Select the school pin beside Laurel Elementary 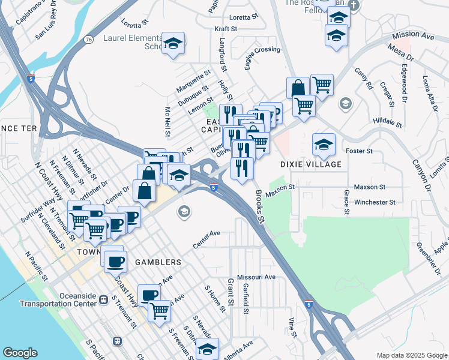[174, 44]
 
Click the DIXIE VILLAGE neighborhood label [311, 164]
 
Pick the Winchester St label [375, 202]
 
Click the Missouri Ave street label [256, 277]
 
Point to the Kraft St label [226, 28]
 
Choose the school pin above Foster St [324, 144]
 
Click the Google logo [20, 353]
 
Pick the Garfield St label [246, 299]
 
